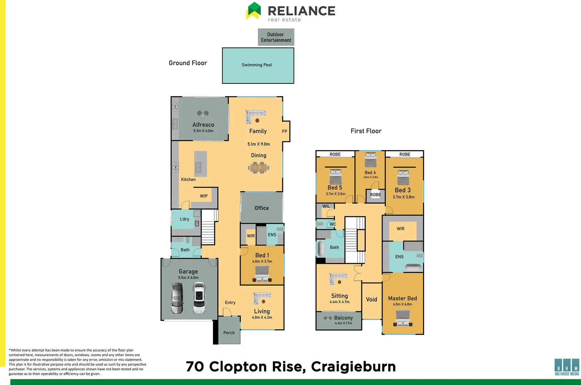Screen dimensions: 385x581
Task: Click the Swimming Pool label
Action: [257, 65]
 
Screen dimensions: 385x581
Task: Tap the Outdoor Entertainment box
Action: [276, 37]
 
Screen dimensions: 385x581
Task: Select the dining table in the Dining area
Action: [259, 168]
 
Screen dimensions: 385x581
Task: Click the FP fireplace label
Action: [284, 131]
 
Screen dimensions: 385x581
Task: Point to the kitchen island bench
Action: [201, 164]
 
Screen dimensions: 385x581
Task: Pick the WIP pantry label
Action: [204, 196]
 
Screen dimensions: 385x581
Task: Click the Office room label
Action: [262, 208]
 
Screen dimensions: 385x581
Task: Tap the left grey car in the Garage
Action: [177, 298]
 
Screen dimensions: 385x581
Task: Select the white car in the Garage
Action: [199, 298]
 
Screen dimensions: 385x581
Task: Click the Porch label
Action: [229, 333]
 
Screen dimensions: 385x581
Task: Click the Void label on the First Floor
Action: [372, 299]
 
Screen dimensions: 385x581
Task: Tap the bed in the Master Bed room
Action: [403, 318]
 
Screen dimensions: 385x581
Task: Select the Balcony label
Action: [343, 318]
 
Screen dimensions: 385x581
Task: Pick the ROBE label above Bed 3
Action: [405, 154]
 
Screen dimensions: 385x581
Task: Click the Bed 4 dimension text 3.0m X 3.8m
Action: [370, 177]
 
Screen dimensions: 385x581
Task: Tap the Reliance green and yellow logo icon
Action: [254, 11]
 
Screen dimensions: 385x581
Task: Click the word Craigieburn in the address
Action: [353, 367]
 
